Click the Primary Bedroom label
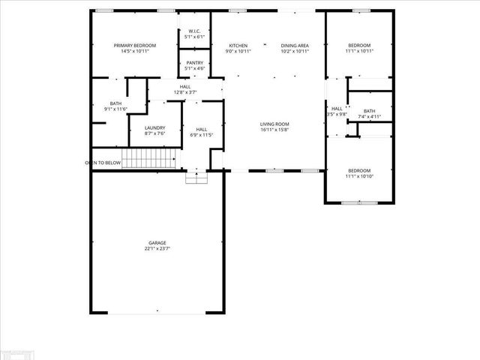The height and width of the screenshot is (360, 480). (135, 46)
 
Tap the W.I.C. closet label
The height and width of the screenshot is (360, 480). (194, 31)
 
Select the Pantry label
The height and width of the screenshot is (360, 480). (195, 63)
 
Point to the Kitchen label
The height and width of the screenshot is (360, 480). (238, 46)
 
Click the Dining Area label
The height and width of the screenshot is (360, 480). (293, 46)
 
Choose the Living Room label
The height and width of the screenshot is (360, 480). (274, 124)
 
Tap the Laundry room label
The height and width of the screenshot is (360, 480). (155, 128)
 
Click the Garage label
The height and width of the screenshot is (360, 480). (157, 243)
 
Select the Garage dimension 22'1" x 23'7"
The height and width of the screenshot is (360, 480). (157, 249)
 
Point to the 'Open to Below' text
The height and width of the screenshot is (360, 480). (103, 162)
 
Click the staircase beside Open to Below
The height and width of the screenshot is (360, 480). (150, 159)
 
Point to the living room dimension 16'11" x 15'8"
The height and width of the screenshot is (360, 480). (274, 130)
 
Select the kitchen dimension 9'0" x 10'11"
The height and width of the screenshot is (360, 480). (238, 52)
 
